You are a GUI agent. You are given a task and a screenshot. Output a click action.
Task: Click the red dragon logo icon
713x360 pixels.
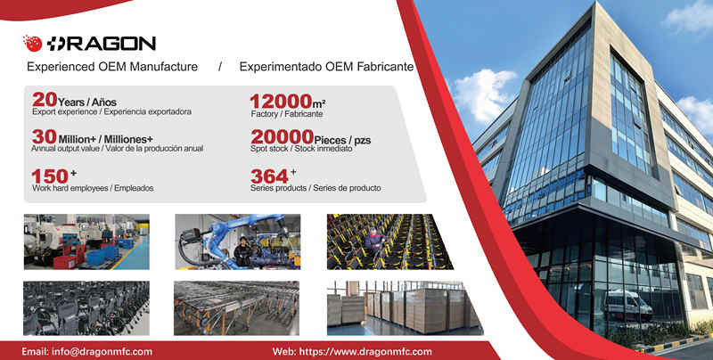pyautogui.click(x=32, y=43)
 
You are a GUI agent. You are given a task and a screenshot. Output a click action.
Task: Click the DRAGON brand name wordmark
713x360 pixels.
pyautogui.click(x=101, y=44)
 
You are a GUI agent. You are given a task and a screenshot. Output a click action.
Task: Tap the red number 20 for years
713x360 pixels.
pyautogui.click(x=45, y=100)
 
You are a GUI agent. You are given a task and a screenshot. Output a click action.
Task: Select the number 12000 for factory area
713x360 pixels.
pyautogui.click(x=281, y=102)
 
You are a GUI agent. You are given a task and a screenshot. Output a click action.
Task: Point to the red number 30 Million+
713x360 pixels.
pyautogui.click(x=44, y=136)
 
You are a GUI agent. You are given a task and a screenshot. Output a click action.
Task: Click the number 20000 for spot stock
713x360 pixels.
pyautogui.click(x=282, y=137)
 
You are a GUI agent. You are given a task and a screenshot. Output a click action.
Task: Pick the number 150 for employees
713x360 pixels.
pyautogui.click(x=50, y=176)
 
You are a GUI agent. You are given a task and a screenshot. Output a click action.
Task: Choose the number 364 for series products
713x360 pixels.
pyautogui.click(x=269, y=176)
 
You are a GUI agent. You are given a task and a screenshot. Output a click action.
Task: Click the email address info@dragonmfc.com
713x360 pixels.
pyautogui.click(x=102, y=351)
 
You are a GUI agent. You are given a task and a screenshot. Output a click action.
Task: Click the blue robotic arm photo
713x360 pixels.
pyautogui.click(x=238, y=241)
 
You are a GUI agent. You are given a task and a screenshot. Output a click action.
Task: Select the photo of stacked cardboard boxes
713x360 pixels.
pyautogui.click(x=405, y=307)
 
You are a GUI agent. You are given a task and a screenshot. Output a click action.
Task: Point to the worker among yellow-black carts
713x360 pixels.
pyautogui.click(x=374, y=241)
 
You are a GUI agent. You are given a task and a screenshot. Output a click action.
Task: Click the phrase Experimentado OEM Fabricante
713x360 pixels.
pyautogui.click(x=326, y=67)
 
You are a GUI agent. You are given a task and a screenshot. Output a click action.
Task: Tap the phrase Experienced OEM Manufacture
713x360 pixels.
pyautogui.click(x=112, y=67)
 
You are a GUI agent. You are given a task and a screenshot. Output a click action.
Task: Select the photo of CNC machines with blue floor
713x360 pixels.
pyautogui.click(x=86, y=241)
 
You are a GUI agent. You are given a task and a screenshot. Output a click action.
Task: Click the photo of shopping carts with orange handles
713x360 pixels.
pyautogui.click(x=236, y=307)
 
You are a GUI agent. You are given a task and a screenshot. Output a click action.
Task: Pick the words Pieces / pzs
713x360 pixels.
pyautogui.click(x=342, y=140)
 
